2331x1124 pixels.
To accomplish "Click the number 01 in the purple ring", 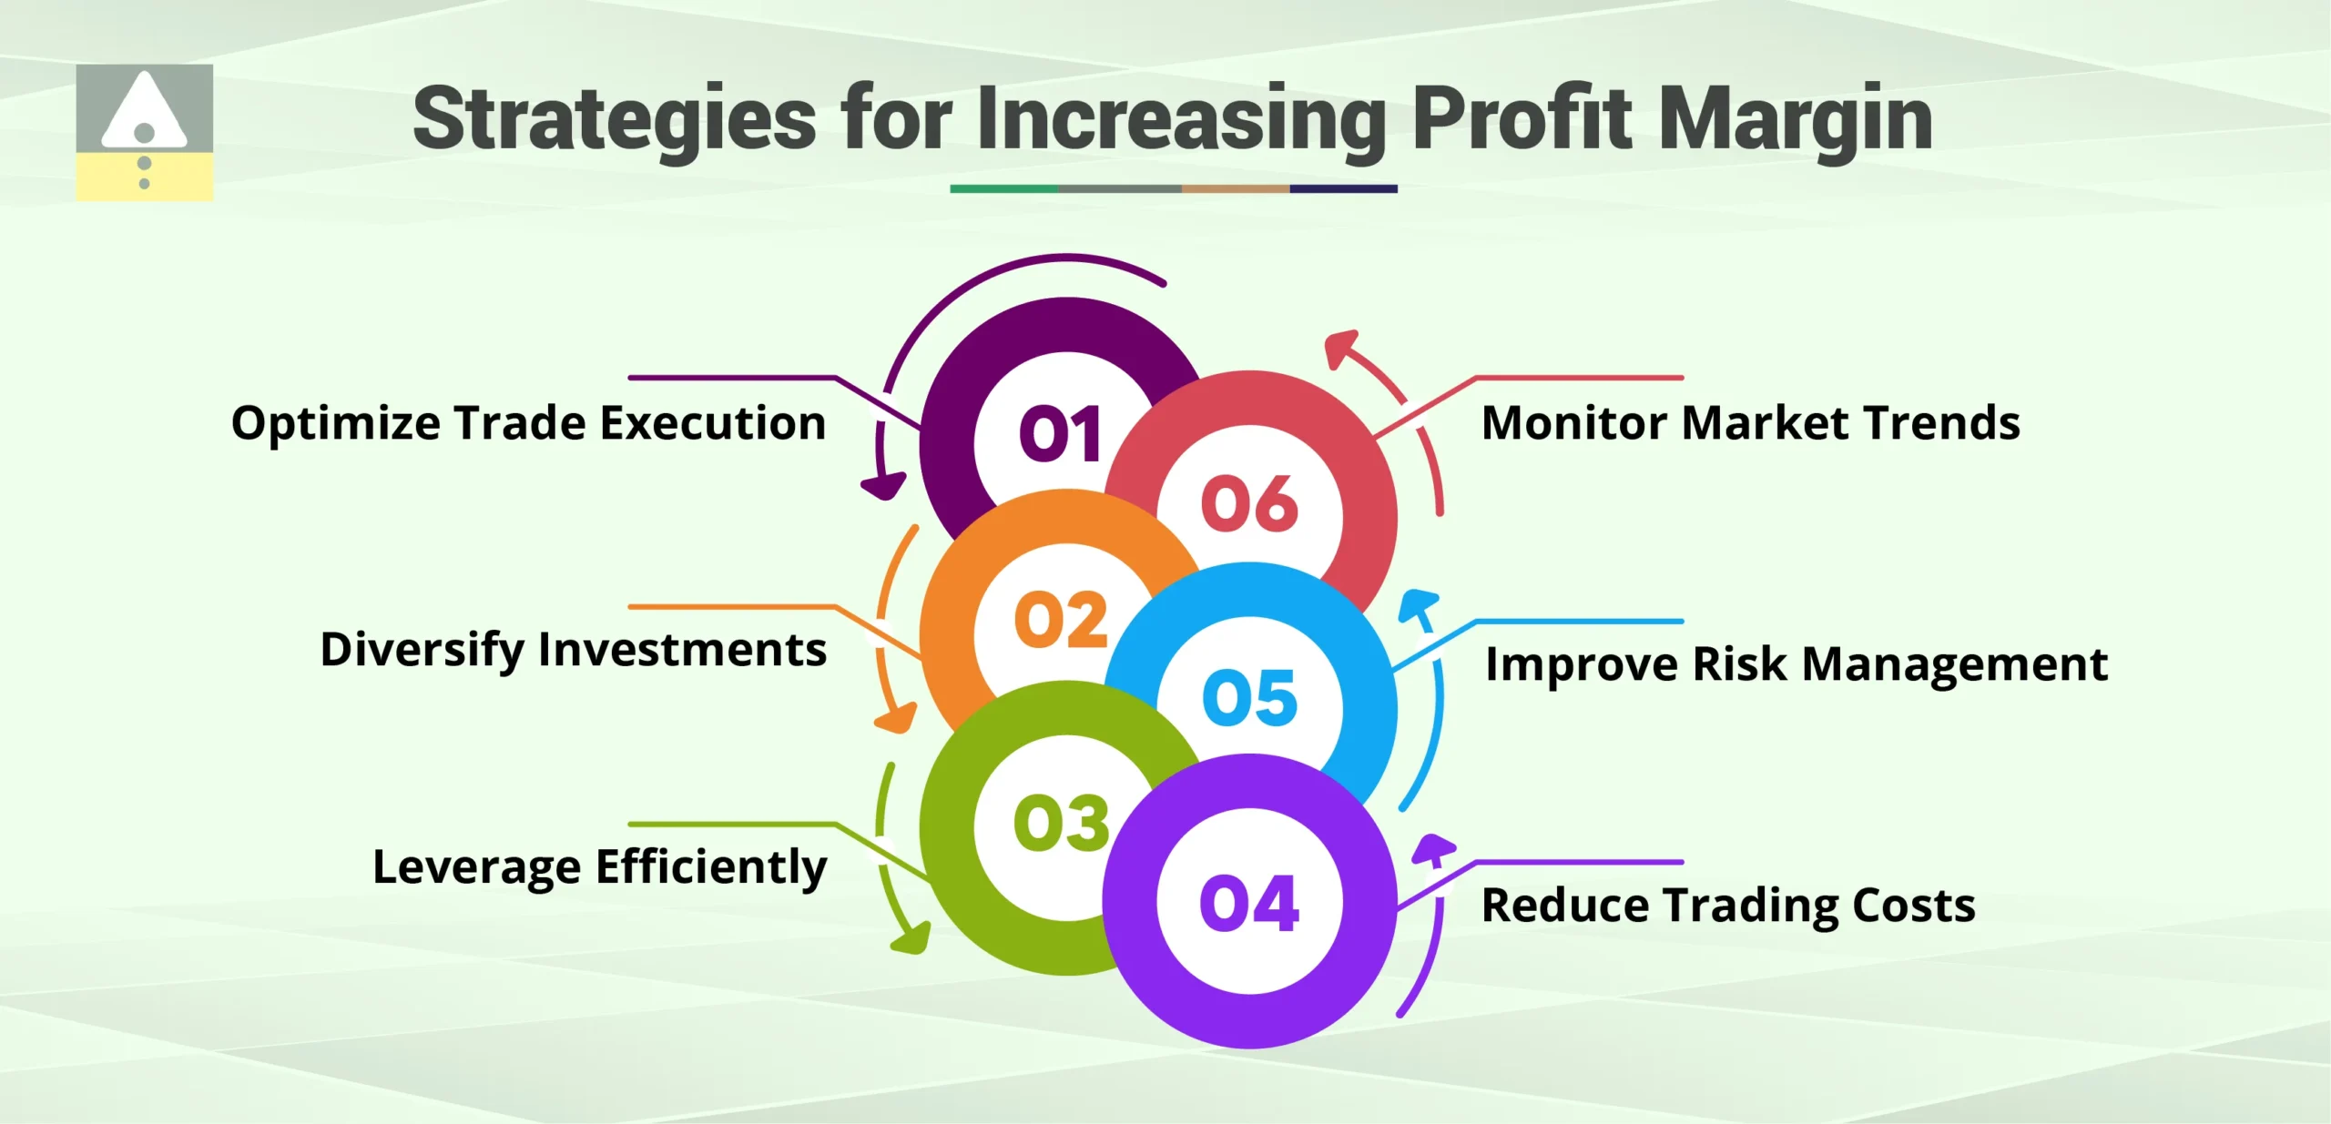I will [1060, 434].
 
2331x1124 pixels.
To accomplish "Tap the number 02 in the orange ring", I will [1061, 621].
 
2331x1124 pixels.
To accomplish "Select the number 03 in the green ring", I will [1061, 823].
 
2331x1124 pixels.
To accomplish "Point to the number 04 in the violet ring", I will [1249, 904].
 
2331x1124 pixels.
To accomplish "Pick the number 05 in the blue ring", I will [1249, 698].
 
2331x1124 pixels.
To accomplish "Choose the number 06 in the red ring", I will [1249, 503].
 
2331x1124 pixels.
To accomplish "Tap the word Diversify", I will [422, 651].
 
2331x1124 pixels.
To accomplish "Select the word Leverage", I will [476, 867].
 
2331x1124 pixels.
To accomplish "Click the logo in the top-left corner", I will [144, 132].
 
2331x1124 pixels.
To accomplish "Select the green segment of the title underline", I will [1003, 188].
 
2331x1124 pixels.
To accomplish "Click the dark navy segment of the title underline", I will [1343, 188].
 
